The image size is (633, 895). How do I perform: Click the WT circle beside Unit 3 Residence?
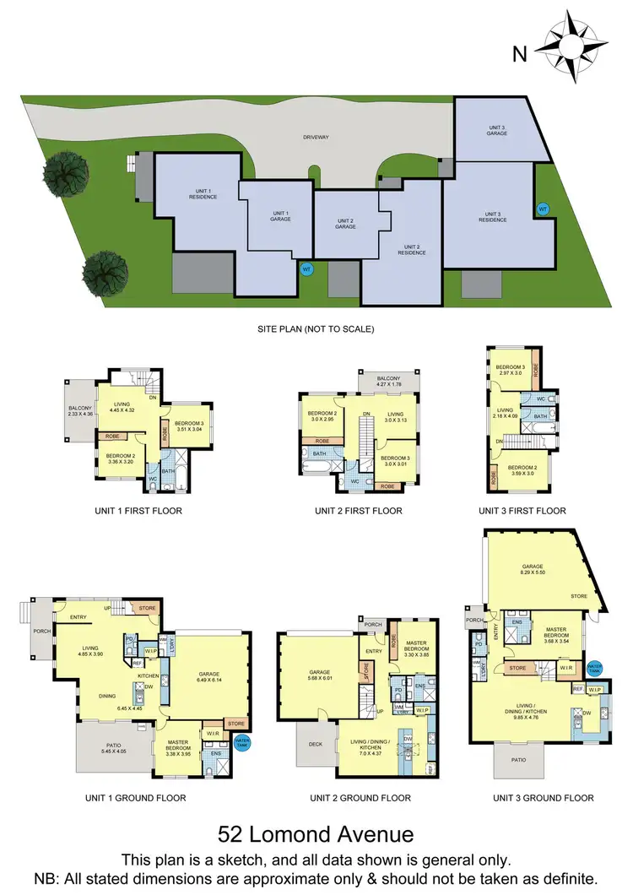pos(543,208)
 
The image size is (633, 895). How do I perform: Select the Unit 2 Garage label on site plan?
pos(345,224)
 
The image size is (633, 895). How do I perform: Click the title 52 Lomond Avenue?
pos(316,835)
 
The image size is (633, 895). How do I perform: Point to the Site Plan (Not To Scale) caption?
pos(316,328)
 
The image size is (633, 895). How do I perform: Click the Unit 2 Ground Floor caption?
pos(360,798)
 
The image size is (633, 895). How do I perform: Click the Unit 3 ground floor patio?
pos(520,761)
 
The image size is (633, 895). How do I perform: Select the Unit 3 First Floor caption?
pos(522,511)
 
